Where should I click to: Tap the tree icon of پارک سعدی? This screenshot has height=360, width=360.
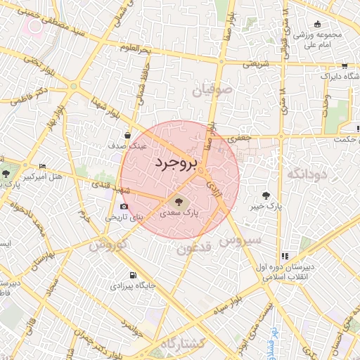click(x=176, y=200)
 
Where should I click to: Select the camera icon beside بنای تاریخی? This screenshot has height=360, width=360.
click(x=124, y=207)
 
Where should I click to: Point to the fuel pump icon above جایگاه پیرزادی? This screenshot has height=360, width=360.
click(x=131, y=275)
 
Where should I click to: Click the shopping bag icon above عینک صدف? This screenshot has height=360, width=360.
click(x=127, y=136)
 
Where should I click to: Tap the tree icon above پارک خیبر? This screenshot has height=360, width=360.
click(x=265, y=195)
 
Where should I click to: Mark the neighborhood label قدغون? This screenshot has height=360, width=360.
click(x=194, y=247)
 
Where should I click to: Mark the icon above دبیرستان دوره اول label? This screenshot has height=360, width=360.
click(x=285, y=257)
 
